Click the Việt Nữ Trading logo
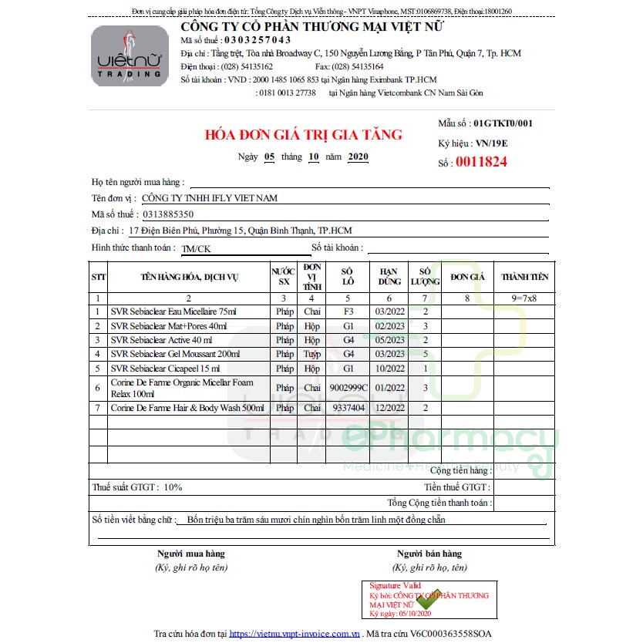(129, 56)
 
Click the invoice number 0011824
(481, 162)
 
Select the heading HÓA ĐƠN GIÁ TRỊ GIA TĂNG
(303, 135)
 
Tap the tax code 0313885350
(167, 214)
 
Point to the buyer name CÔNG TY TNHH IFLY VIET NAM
(204, 198)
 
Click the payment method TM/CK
(196, 248)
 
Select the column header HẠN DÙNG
(389, 277)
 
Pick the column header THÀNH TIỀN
(524, 277)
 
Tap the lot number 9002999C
(348, 388)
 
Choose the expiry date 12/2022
(389, 408)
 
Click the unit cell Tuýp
(311, 354)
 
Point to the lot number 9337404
(348, 408)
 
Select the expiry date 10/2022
(389, 368)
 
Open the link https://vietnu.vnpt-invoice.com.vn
(295, 633)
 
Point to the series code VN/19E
(491, 143)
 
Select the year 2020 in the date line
(358, 157)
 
